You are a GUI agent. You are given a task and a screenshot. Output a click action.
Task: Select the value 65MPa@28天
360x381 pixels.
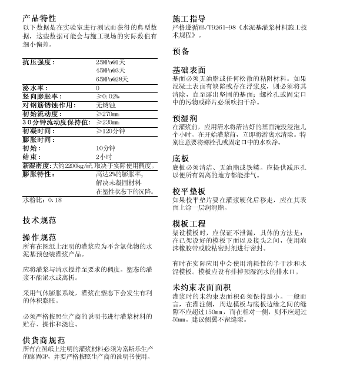tap(112, 78)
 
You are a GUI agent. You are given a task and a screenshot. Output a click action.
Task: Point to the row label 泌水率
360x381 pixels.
tap(35, 87)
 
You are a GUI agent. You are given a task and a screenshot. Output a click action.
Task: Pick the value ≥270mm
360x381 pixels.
tap(107, 113)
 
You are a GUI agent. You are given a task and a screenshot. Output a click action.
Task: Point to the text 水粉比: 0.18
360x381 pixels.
tap(42, 200)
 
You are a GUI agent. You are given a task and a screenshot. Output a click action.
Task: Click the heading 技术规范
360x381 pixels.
tap(39, 221)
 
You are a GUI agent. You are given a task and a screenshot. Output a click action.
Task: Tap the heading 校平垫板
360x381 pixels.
tap(189, 192)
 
